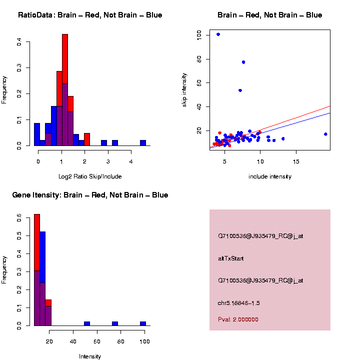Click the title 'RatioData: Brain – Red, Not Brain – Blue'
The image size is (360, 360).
[x=90, y=15]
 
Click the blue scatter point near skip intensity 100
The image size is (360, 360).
[x=218, y=34]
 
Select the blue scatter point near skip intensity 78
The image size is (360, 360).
[x=243, y=62]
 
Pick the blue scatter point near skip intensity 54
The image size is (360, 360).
[x=240, y=90]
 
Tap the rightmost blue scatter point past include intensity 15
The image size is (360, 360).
[x=325, y=134]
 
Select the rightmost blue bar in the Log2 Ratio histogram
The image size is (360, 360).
[x=143, y=142]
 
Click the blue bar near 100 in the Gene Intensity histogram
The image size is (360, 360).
[x=143, y=323]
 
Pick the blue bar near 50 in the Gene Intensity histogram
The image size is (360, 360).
[x=87, y=323]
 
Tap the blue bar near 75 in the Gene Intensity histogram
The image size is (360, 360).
[x=115, y=323]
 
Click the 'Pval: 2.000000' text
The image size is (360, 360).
[x=238, y=319]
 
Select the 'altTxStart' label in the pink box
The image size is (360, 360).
[x=230, y=258]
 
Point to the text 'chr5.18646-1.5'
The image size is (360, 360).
[x=238, y=303]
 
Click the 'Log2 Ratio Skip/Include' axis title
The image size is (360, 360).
[x=90, y=176]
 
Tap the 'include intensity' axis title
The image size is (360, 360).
[x=270, y=176]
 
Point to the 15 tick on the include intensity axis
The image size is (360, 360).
[x=296, y=161]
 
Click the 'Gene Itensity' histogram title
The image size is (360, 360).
[x=90, y=195]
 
